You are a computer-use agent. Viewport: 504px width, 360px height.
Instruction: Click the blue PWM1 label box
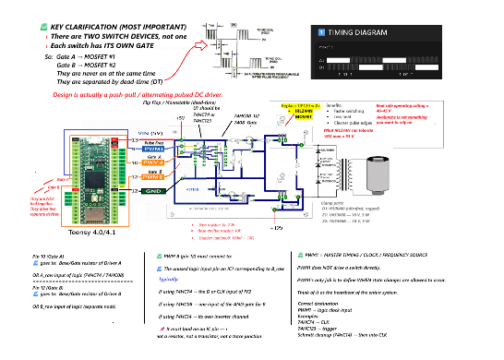(x=154, y=149)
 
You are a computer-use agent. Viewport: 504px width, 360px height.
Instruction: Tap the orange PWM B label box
(x=154, y=176)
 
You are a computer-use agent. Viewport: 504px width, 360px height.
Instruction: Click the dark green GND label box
(x=154, y=190)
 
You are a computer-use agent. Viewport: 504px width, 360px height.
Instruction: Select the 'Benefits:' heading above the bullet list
(x=336, y=106)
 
